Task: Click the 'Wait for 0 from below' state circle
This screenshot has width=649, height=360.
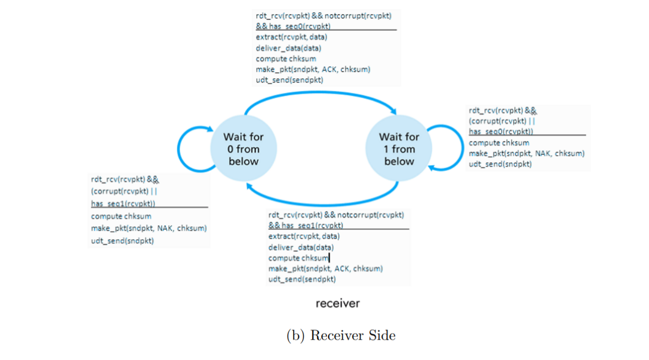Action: click(x=243, y=149)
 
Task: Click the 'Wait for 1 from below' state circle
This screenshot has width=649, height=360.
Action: click(x=399, y=149)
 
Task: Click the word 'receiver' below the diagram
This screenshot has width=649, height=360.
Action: click(x=338, y=303)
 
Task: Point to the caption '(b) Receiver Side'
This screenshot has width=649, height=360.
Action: click(x=341, y=335)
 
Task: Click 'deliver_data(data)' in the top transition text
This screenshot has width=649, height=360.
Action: click(x=288, y=48)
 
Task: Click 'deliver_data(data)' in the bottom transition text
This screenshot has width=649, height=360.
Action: click(x=301, y=248)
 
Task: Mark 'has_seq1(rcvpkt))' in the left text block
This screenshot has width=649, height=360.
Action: click(x=123, y=204)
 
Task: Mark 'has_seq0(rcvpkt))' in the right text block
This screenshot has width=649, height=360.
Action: click(x=501, y=132)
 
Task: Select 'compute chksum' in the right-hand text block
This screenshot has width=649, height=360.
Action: click(x=499, y=143)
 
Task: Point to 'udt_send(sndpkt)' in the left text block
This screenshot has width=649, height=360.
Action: click(x=123, y=241)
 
